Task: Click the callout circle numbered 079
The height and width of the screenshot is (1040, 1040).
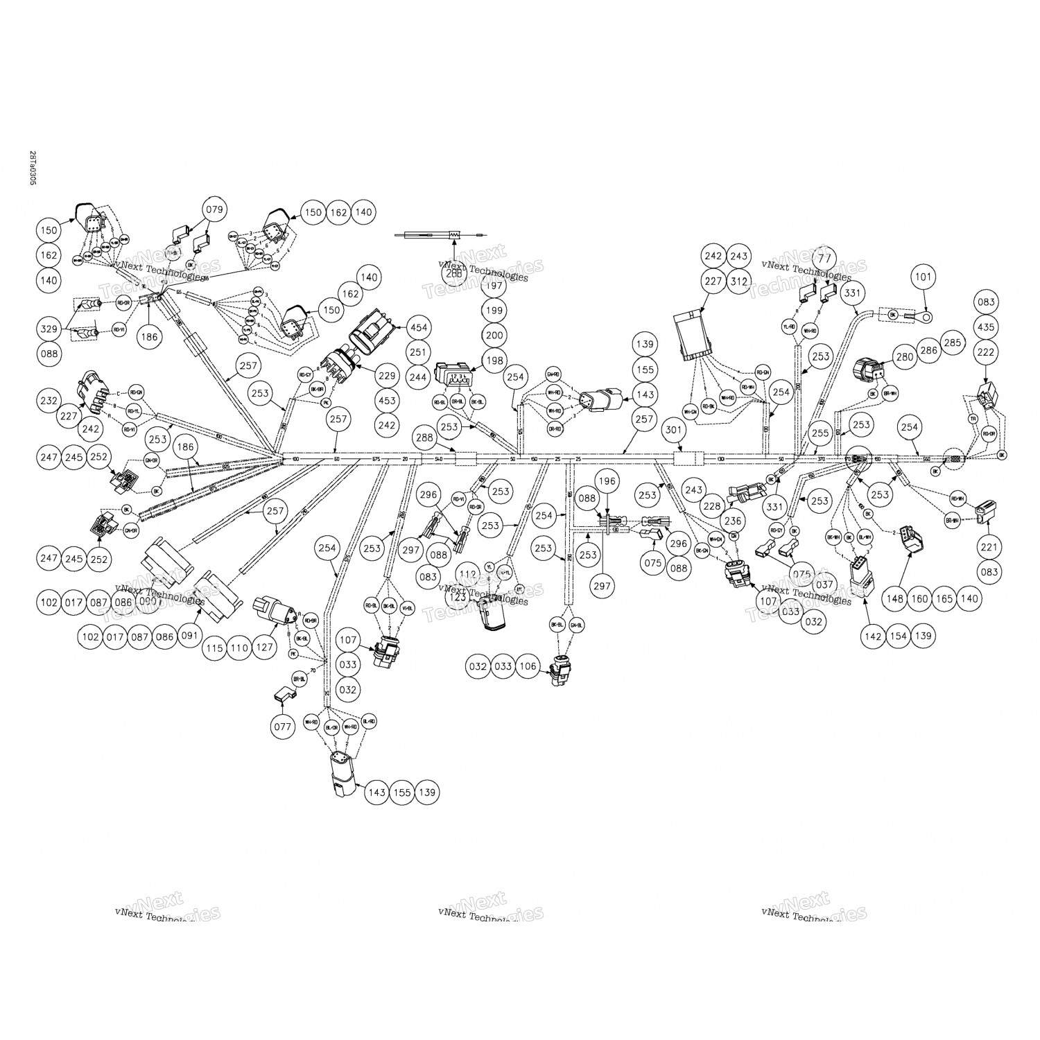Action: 215,209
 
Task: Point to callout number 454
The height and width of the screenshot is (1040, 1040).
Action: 419,327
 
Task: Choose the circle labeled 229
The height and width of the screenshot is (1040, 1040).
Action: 387,376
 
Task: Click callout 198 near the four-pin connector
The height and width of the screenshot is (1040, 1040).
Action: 494,360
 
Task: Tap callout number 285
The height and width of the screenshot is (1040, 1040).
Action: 953,343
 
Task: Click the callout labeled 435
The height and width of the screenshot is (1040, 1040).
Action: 987,327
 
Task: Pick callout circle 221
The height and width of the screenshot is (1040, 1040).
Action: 989,547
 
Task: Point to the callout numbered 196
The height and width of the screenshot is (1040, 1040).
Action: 607,481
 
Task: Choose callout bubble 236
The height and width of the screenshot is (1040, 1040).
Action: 732,521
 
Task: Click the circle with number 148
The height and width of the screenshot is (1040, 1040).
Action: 894,598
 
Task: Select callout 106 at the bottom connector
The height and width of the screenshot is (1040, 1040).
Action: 528,666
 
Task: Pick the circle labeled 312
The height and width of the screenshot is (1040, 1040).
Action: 739,281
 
